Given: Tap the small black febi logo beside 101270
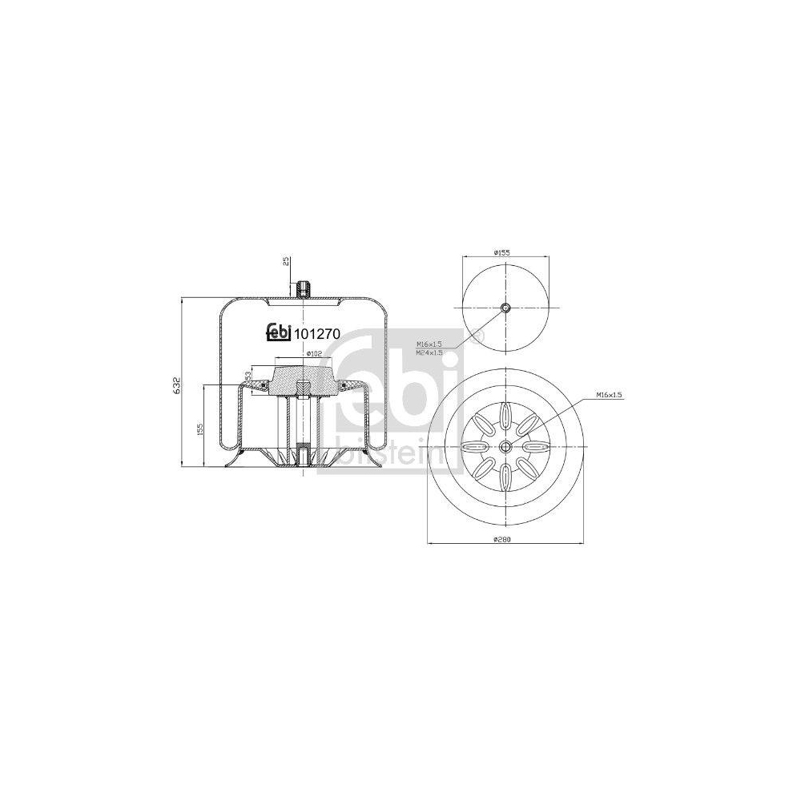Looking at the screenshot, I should coord(279,335).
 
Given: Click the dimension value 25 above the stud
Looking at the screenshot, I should coord(285,264).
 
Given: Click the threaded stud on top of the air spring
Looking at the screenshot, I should coord(303,289).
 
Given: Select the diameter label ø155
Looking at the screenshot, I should coord(501,253).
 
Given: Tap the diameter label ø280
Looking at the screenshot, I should coord(501,539).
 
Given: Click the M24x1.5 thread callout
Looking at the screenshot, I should coord(429,352).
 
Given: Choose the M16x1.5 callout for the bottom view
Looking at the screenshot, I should coord(609,396).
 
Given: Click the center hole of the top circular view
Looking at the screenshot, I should coord(505,308).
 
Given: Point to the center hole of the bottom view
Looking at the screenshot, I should coord(505,448).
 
